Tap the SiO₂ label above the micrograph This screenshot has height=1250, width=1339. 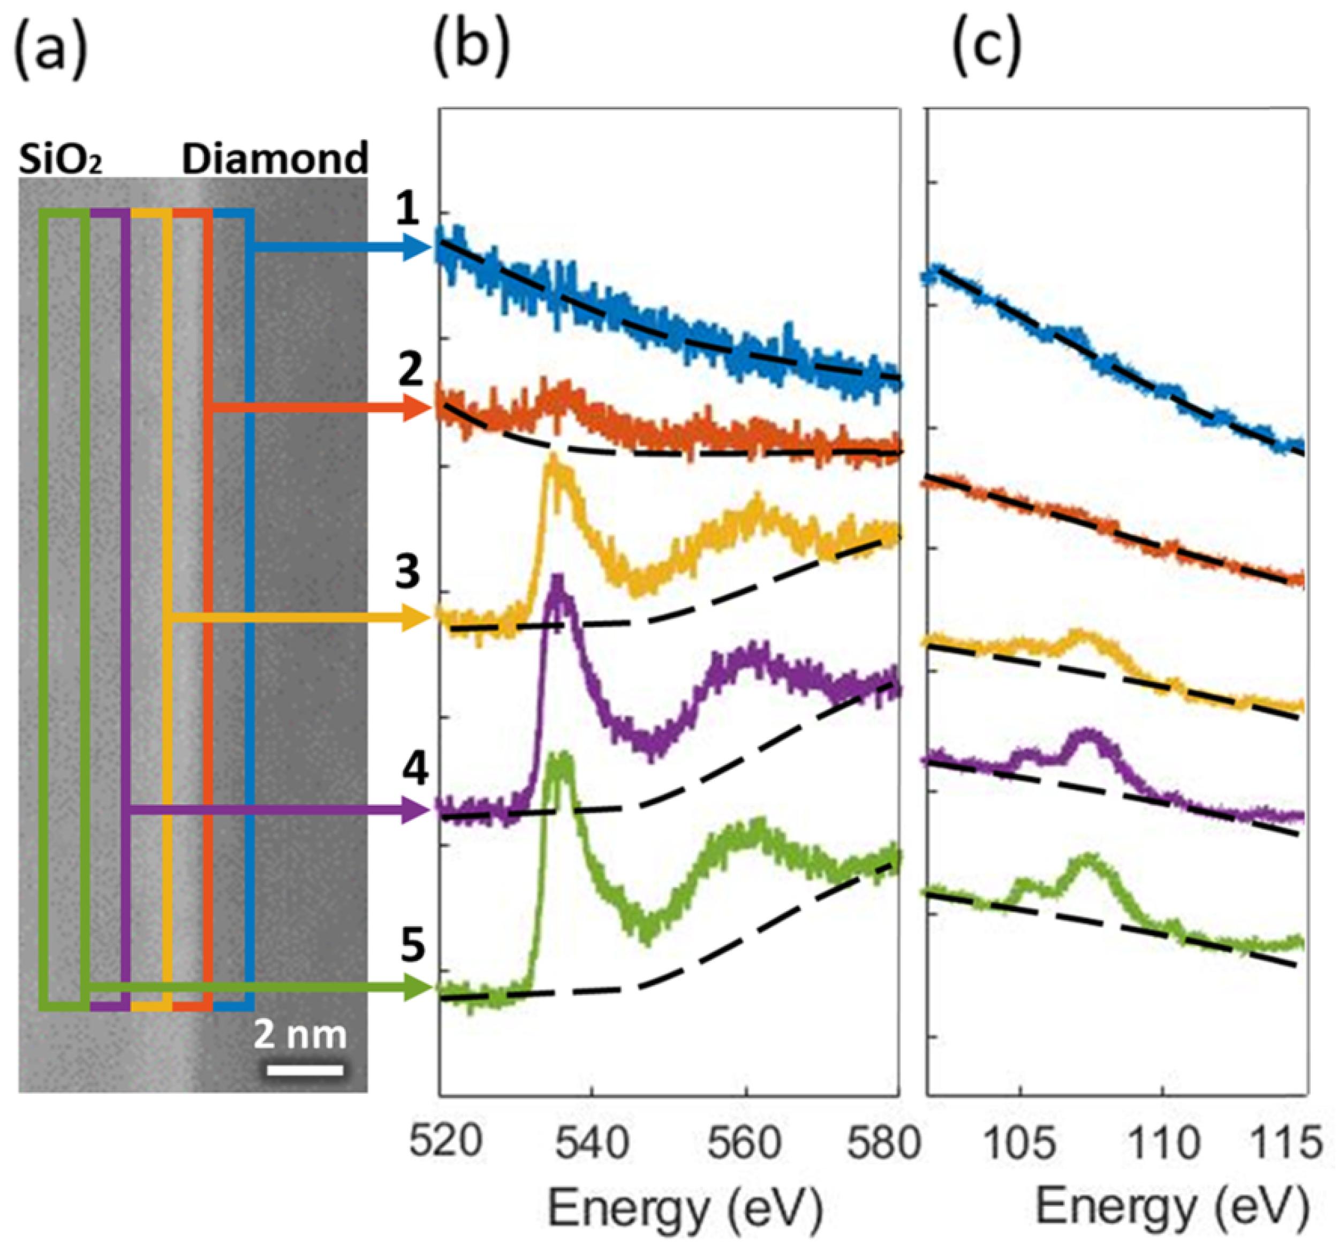59,160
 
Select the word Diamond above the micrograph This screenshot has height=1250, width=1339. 275,159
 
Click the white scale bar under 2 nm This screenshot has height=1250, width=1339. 305,1069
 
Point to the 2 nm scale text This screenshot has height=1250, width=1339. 300,1034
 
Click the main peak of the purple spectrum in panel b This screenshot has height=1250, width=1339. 557,585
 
